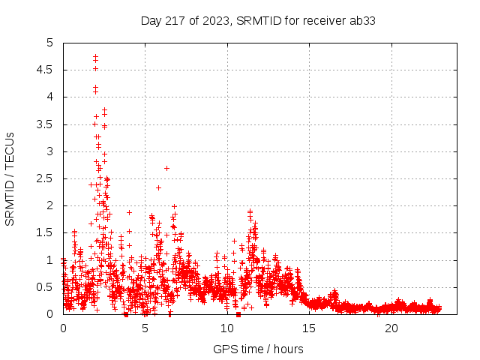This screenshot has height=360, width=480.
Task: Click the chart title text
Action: point(258,20)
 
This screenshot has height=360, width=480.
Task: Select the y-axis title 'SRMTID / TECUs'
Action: point(10,178)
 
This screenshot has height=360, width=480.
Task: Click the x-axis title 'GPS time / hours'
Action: point(258,349)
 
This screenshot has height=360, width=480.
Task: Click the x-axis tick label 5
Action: point(145,328)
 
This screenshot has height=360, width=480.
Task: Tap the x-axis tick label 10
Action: point(227,328)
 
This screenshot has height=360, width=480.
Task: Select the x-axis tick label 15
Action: point(309,328)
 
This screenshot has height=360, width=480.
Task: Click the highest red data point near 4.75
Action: point(95,56)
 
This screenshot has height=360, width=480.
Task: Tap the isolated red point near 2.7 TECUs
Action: point(166,168)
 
